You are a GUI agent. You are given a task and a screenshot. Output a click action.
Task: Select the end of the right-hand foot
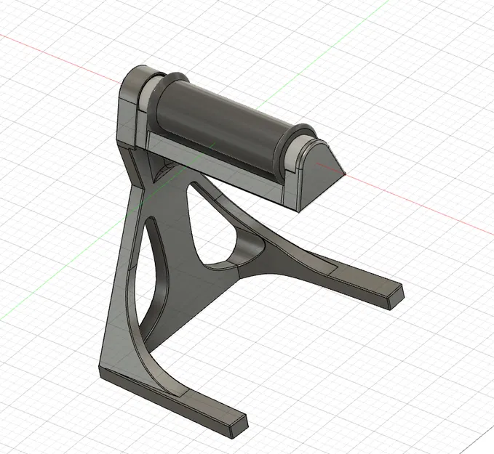[394, 297]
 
